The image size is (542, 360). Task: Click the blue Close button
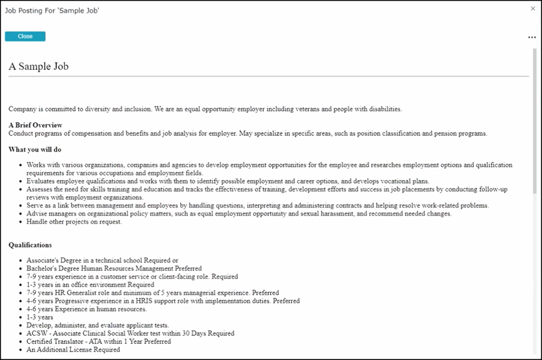[25, 36]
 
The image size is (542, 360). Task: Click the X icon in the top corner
[532, 8]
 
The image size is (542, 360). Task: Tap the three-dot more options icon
[532, 37]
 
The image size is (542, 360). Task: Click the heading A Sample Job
[39, 66]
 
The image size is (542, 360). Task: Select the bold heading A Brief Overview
[36, 125]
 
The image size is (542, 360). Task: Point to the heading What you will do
[35, 149]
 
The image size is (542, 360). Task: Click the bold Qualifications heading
[30, 245]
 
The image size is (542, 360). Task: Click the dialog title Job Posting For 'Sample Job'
[52, 10]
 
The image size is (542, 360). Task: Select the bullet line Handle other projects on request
[74, 222]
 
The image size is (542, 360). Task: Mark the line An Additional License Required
[73, 349]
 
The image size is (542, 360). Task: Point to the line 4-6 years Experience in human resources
[86, 309]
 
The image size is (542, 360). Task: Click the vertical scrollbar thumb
[534, 120]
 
